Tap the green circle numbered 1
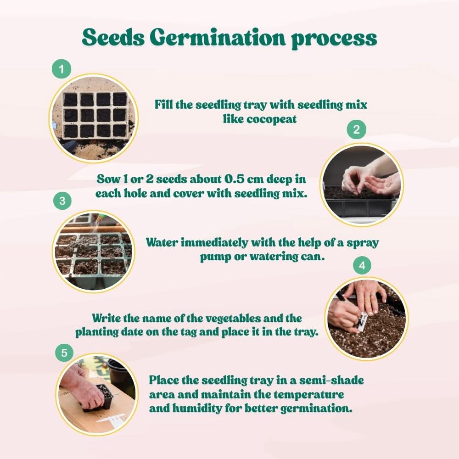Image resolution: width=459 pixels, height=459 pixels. point(62,70)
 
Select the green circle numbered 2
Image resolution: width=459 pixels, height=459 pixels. point(356,130)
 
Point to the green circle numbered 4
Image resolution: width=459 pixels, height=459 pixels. point(362,266)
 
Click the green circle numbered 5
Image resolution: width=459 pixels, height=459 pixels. point(64,353)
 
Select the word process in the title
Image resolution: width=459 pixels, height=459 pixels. point(334,38)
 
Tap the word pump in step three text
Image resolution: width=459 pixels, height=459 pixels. point(215,257)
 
